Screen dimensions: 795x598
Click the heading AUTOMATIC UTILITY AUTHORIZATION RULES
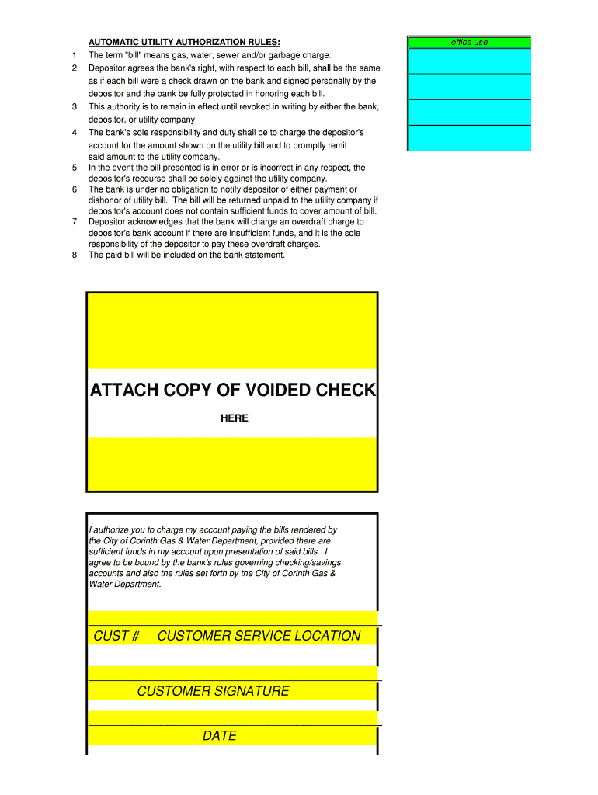point(184,42)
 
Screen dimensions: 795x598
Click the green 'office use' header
point(469,42)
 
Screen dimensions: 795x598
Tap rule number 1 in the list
point(74,55)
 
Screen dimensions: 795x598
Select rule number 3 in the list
point(74,106)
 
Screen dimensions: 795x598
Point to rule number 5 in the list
point(74,168)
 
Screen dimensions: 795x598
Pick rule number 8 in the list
point(74,255)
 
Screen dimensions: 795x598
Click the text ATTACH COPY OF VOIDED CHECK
point(232,391)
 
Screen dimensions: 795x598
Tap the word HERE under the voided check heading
point(234,418)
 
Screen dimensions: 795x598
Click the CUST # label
point(116,636)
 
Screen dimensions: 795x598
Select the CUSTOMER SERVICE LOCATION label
point(259,636)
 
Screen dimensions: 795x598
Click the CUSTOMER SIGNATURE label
point(213,691)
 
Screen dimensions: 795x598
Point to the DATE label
point(220,736)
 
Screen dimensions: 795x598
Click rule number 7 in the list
point(74,221)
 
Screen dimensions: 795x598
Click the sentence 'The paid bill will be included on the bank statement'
point(186,255)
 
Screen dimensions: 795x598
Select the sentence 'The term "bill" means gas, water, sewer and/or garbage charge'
point(210,55)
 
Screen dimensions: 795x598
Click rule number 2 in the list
point(74,68)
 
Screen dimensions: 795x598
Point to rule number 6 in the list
point(74,189)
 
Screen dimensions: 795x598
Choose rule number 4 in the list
point(74,133)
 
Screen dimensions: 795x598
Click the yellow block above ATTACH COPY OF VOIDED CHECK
point(232,331)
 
